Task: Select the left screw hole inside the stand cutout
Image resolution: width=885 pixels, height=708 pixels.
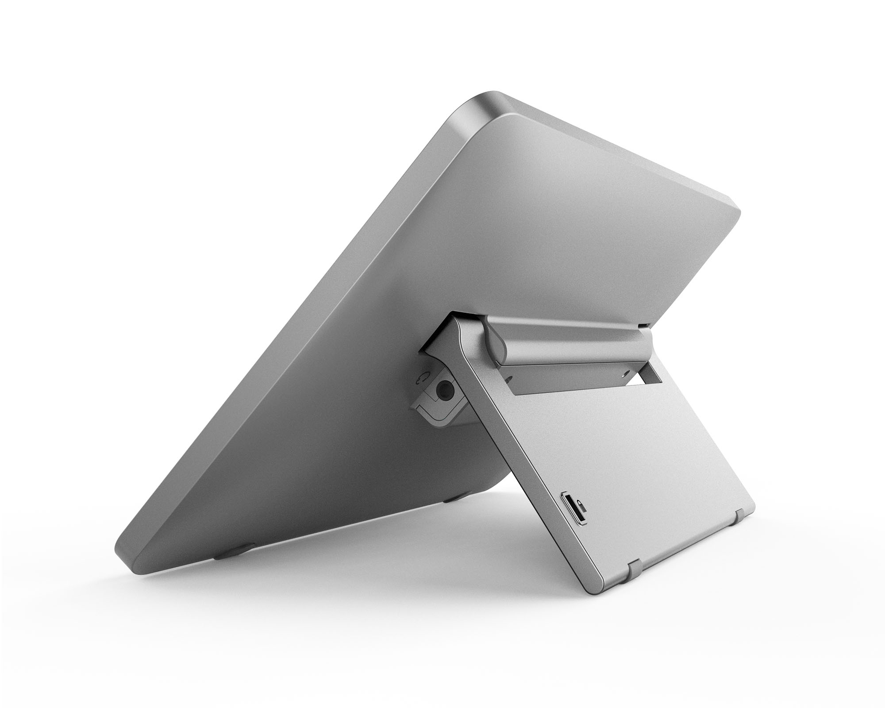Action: coord(510,366)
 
